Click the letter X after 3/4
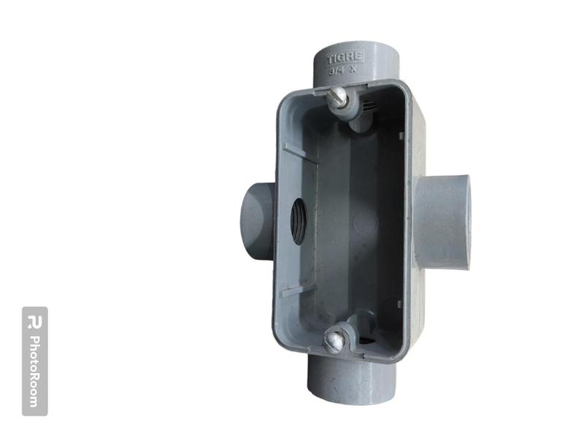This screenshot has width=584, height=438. (x=353, y=71)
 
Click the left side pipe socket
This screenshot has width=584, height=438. (x=256, y=222)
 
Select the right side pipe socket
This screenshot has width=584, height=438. (x=442, y=222)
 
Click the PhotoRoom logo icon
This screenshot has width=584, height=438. (x=34, y=322)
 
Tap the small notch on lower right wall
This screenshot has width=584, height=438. (x=399, y=302)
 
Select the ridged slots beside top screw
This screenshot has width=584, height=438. (x=371, y=106)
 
